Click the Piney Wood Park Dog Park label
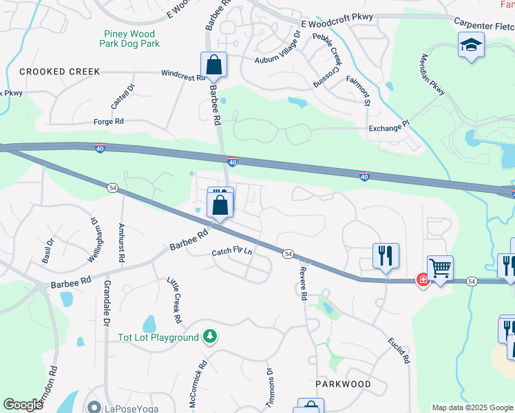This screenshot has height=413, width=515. pyautogui.click(x=131, y=39)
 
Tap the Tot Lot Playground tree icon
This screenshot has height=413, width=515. pyautogui.click(x=211, y=337)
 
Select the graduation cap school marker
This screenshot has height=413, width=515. pyautogui.click(x=472, y=46)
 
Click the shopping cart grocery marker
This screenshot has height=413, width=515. pyautogui.click(x=440, y=268)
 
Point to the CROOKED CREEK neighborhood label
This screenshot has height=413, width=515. pyautogui.click(x=60, y=72)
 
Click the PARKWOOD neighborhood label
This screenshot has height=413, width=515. pyautogui.click(x=343, y=383)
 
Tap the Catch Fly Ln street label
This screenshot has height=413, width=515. pyautogui.click(x=232, y=253)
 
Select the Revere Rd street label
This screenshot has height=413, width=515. pyautogui.click(x=302, y=284)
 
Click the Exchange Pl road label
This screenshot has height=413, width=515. pyautogui.click(x=388, y=126)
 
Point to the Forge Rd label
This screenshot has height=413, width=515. pyautogui.click(x=108, y=122)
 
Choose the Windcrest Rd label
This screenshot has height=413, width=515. pyautogui.click(x=184, y=74)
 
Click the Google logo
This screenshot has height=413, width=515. pyautogui.click(x=23, y=405)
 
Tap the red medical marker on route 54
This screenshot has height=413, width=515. pyautogui.click(x=421, y=281)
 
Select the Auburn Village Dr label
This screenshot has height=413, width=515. pyautogui.click(x=278, y=47)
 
